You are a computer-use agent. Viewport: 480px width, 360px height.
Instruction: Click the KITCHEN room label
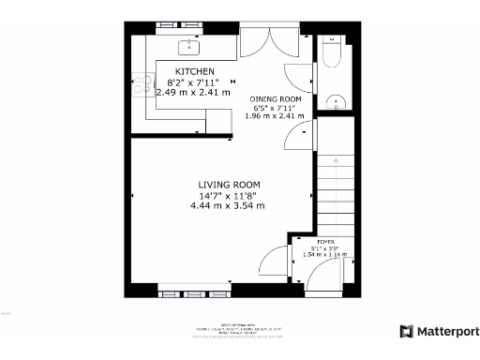pos(195,71)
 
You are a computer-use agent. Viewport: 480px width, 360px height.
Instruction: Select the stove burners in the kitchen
pos(144,85)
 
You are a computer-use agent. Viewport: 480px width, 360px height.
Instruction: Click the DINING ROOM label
pos(275,98)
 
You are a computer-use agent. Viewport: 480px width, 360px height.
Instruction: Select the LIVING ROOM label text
pos(229,184)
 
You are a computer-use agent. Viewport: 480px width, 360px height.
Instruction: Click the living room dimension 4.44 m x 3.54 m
pos(228,204)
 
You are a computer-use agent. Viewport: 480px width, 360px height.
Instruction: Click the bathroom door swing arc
pos(296,80)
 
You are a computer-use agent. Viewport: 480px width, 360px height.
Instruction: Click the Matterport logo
pos(440,331)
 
